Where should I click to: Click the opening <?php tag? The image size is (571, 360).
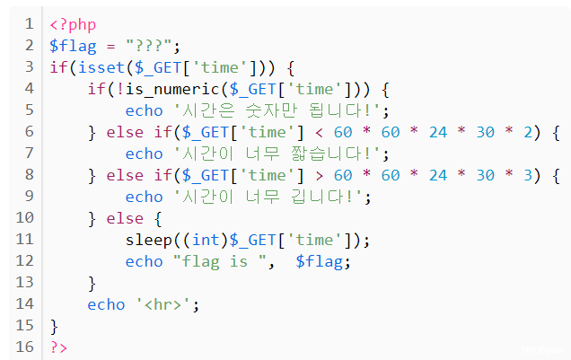click(x=73, y=23)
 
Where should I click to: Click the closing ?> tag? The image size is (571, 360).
click(x=59, y=347)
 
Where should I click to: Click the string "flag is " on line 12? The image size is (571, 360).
click(x=213, y=260)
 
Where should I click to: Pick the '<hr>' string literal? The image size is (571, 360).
click(x=164, y=303)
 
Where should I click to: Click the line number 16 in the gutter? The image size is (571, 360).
click(x=25, y=347)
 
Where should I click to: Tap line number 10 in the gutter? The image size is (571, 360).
click(x=25, y=217)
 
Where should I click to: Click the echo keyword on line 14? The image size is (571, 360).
click(x=106, y=303)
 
